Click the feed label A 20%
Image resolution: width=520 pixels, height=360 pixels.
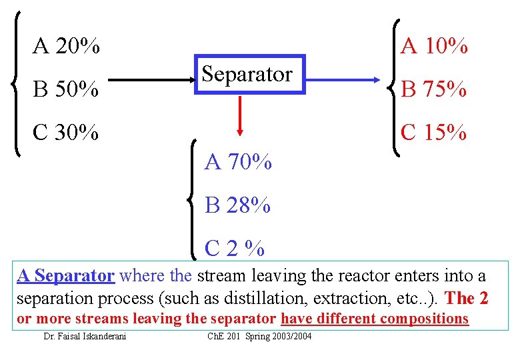coord(67,47)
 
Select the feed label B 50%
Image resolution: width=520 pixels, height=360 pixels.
coord(66,89)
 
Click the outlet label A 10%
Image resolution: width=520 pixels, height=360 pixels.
coord(434,47)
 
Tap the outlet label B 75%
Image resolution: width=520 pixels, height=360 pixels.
coord(433,89)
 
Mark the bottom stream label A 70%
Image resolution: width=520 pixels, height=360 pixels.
coord(238,162)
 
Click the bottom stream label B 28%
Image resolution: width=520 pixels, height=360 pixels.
coord(238,205)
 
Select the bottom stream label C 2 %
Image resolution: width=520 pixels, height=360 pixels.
coord(235,249)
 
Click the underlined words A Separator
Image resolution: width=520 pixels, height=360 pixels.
coord(66,275)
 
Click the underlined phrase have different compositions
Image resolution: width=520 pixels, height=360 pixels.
coord(375,319)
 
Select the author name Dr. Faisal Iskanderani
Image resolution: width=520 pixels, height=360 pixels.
coord(85,336)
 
